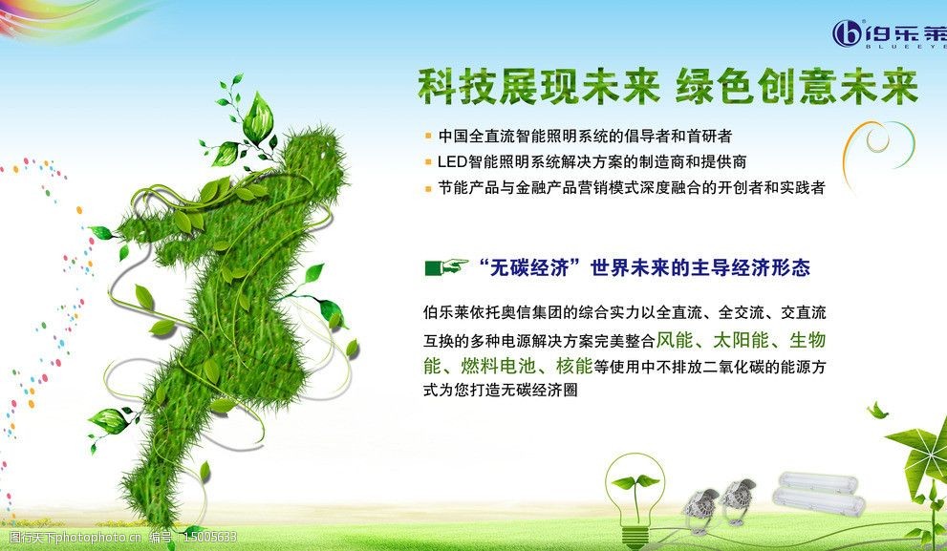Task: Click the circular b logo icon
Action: coord(847,34)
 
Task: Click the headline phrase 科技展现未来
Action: coord(538,88)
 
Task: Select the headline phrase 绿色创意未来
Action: coord(796,88)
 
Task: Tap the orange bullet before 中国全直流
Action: coord(428,137)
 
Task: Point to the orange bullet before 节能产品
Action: coord(428,188)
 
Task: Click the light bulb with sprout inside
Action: coord(635,497)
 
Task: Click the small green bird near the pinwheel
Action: coord(876,411)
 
